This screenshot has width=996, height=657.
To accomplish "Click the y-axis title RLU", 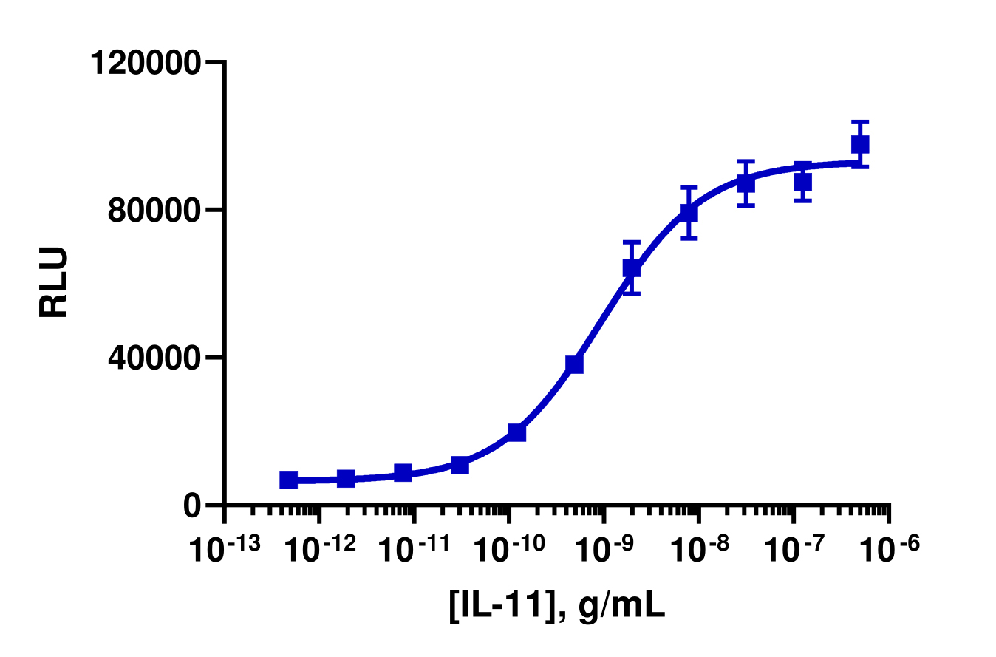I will (54, 282).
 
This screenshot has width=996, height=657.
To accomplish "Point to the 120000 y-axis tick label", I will (145, 63).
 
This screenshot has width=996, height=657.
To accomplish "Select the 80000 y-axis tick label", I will (152, 210).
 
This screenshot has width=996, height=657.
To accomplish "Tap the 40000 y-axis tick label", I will (152, 358).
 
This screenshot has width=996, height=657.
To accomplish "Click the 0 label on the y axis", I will (191, 505).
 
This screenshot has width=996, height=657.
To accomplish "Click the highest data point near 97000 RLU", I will (860, 144).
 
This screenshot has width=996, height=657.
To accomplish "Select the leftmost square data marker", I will (289, 480).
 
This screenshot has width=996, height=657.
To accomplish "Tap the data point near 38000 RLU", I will (575, 364).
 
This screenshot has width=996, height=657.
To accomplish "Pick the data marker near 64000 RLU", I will (632, 268).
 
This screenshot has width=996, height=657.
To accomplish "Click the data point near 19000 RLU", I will (517, 432).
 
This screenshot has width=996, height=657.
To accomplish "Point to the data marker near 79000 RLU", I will (689, 213).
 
